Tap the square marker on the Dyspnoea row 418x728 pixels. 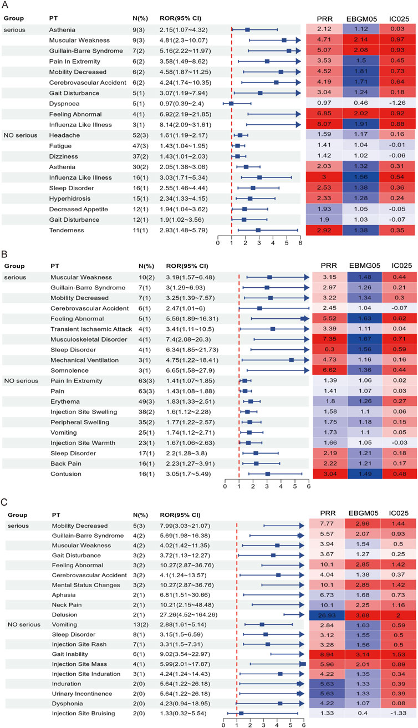pos(231,103)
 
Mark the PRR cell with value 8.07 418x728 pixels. pos(325,124)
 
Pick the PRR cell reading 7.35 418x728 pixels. pos(325,339)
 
